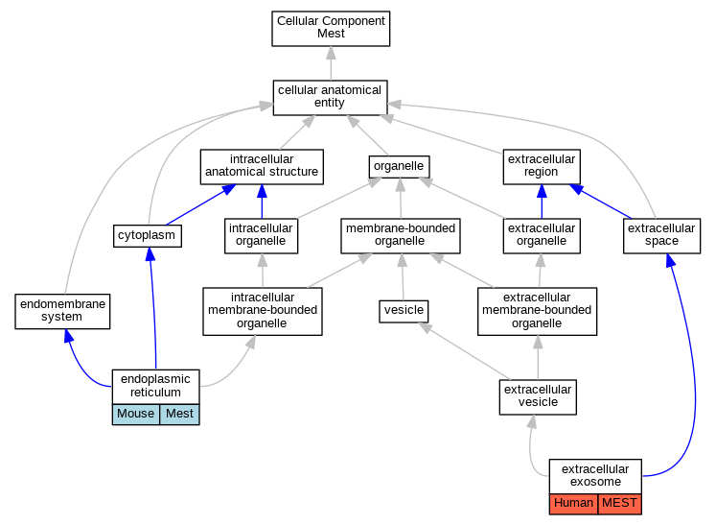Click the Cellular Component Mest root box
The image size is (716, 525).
[x=331, y=29]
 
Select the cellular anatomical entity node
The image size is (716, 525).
[x=330, y=98]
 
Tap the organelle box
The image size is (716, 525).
[x=399, y=167]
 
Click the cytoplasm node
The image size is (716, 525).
[x=147, y=236]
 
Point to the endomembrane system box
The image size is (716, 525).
[x=62, y=311]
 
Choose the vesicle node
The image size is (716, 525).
[x=404, y=311]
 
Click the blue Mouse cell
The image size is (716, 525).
[x=135, y=415]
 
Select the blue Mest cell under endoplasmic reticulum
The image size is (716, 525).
[x=179, y=415]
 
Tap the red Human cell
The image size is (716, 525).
[x=573, y=504]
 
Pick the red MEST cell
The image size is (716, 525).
[x=619, y=504]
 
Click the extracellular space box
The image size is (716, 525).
[x=661, y=236]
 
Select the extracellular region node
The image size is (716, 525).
[x=542, y=167]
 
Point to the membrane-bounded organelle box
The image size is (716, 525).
[x=401, y=236]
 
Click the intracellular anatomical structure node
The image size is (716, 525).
[x=262, y=167]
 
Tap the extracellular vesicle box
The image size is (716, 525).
[x=538, y=397]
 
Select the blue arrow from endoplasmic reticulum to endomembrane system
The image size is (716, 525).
[x=84, y=366]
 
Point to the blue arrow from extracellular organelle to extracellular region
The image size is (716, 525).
[x=542, y=202]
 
